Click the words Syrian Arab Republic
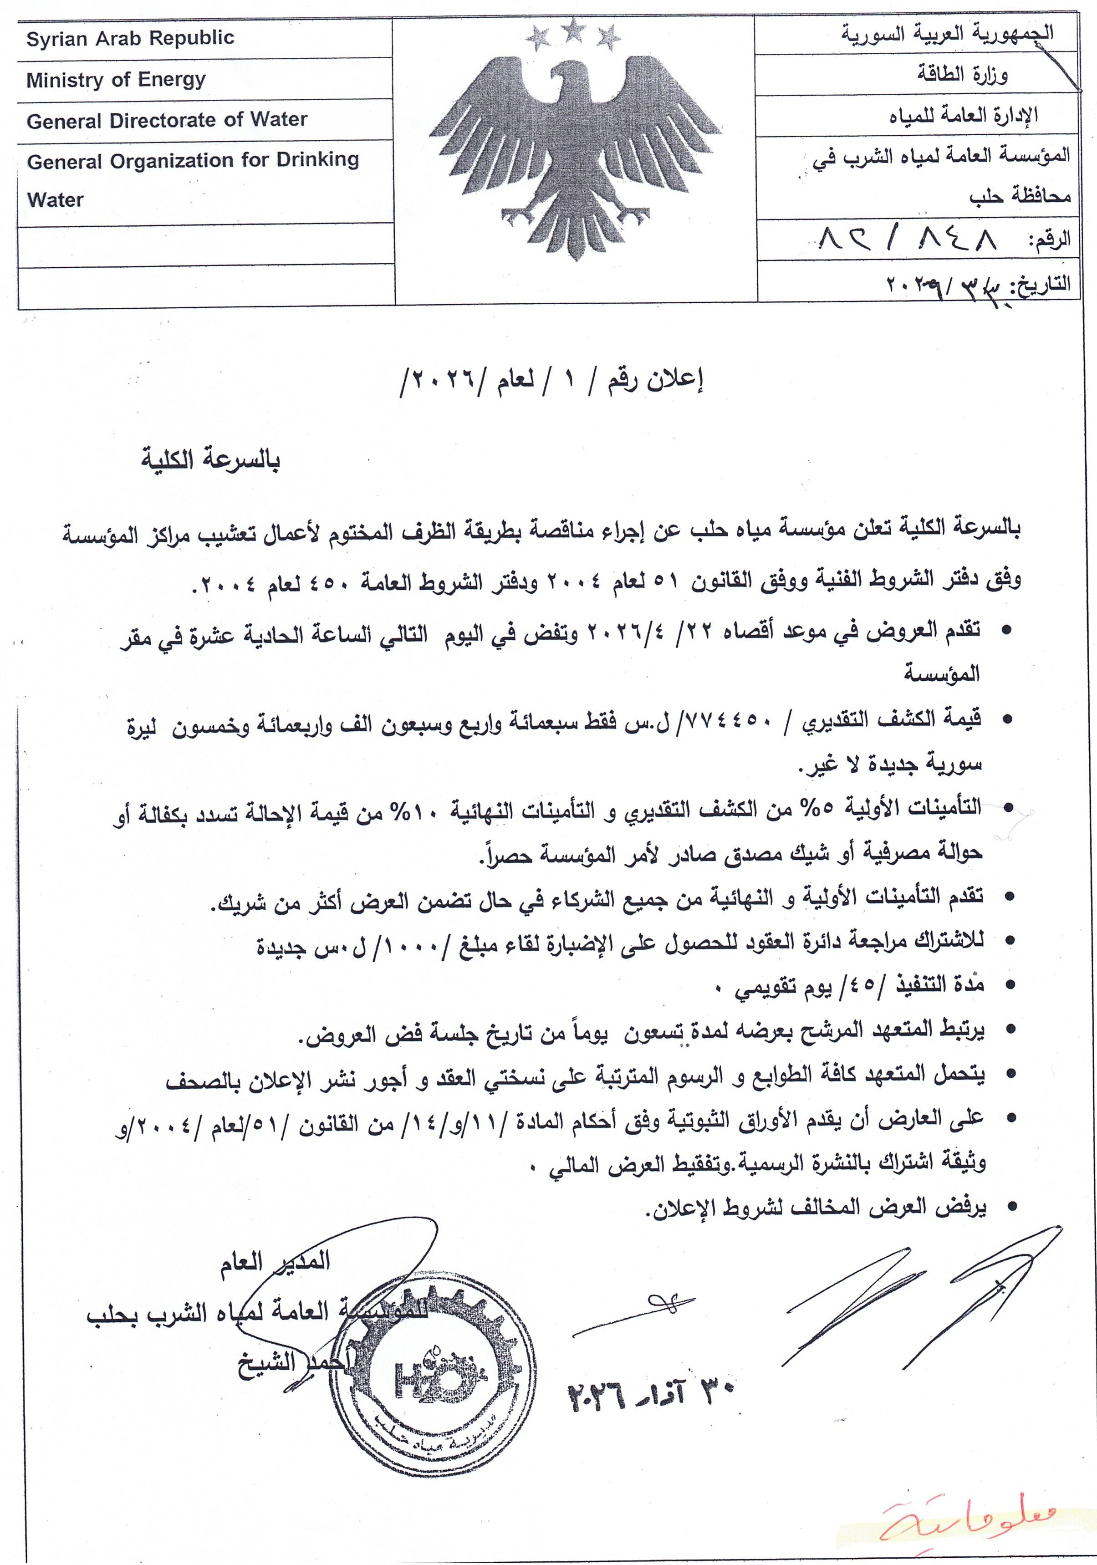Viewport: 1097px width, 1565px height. coord(129,38)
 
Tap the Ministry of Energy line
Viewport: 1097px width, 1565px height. coord(116,80)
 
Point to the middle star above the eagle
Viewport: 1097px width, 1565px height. coord(575,29)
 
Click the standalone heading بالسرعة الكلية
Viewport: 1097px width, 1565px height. coord(211,461)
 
